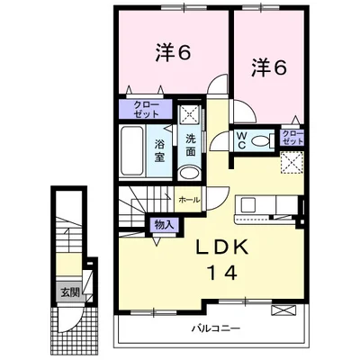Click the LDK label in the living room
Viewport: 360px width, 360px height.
point(222,247)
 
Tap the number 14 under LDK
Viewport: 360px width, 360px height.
point(222,273)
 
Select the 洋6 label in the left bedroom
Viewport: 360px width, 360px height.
point(173,53)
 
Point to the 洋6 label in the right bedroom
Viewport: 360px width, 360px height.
point(269,67)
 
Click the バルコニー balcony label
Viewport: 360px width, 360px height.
point(216,328)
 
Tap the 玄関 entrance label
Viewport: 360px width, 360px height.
point(70,292)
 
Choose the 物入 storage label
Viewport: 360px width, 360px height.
point(164,225)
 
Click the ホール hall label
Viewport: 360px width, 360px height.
point(189,200)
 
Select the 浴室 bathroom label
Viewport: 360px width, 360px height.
point(160,151)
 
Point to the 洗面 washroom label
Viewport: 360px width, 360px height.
point(191,145)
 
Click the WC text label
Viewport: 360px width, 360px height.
point(242,140)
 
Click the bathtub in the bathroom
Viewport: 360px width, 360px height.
point(132,150)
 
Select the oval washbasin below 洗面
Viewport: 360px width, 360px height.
point(189,174)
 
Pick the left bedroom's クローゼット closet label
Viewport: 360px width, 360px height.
point(146,109)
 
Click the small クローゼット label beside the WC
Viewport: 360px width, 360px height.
point(292,138)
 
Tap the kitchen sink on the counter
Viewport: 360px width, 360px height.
point(248,205)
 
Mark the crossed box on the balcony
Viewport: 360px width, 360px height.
point(283,310)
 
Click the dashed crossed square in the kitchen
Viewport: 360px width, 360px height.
point(292,163)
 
